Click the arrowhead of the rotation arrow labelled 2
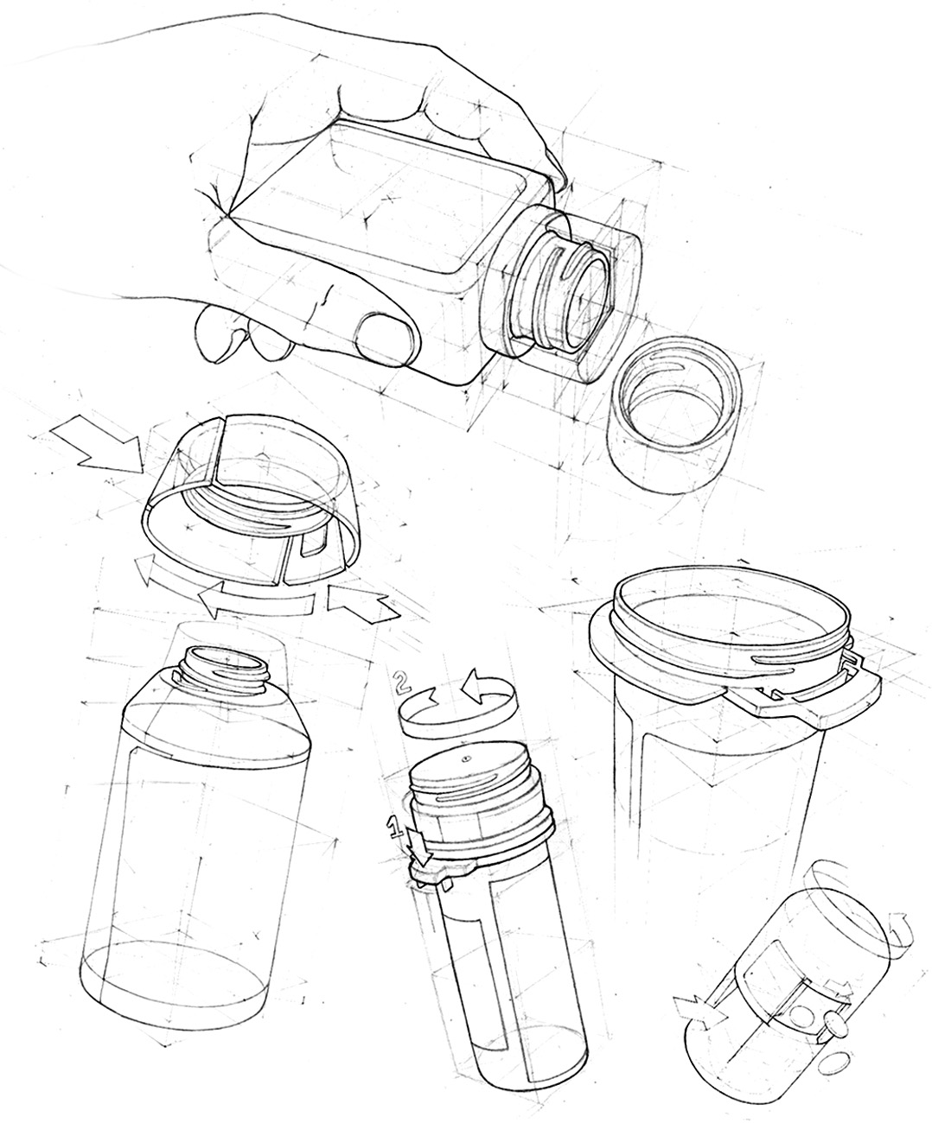pos(474,687)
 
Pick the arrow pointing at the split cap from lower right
pos(363,603)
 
